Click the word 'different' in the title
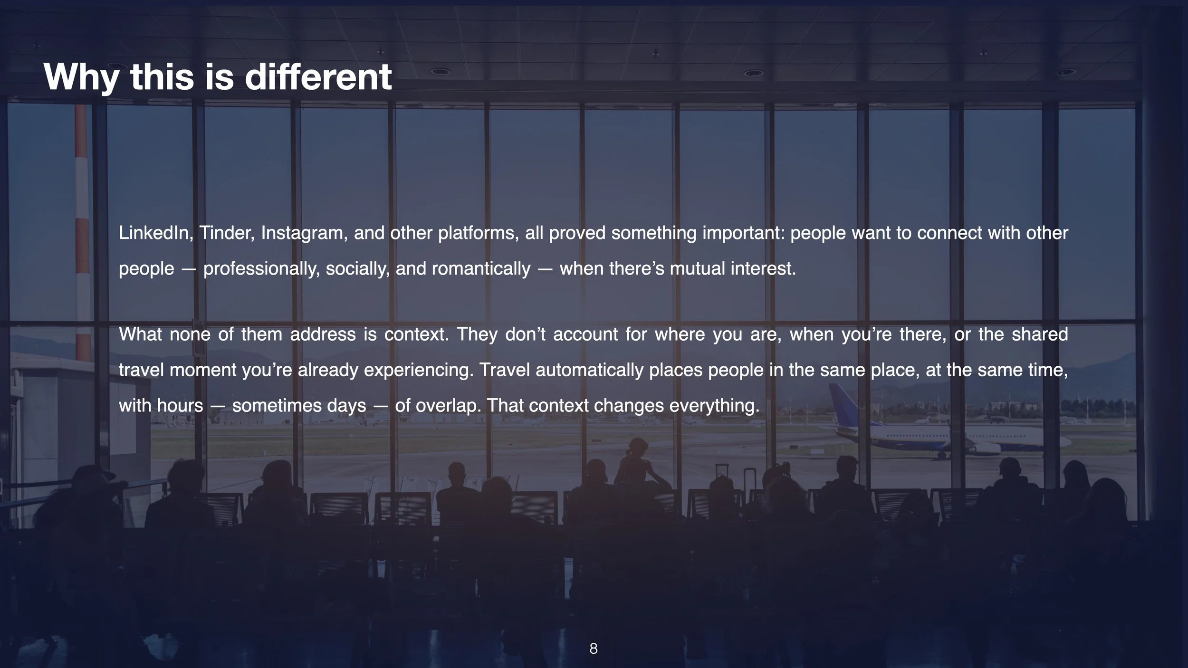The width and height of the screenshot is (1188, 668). point(318,76)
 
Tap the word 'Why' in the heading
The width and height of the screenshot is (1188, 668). point(81,77)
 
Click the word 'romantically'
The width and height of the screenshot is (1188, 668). point(481,269)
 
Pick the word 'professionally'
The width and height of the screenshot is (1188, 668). point(261,269)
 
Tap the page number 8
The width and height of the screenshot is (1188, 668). point(594,649)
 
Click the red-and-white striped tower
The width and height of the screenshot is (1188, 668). point(82,238)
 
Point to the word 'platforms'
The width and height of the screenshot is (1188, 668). point(478,233)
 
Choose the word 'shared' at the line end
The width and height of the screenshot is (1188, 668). point(1040,334)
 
